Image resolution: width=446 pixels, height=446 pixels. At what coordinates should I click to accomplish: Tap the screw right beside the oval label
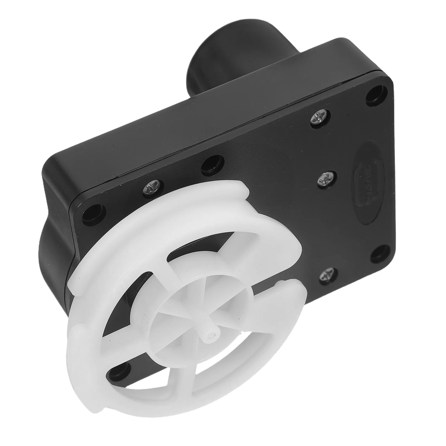click(x=324, y=178)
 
